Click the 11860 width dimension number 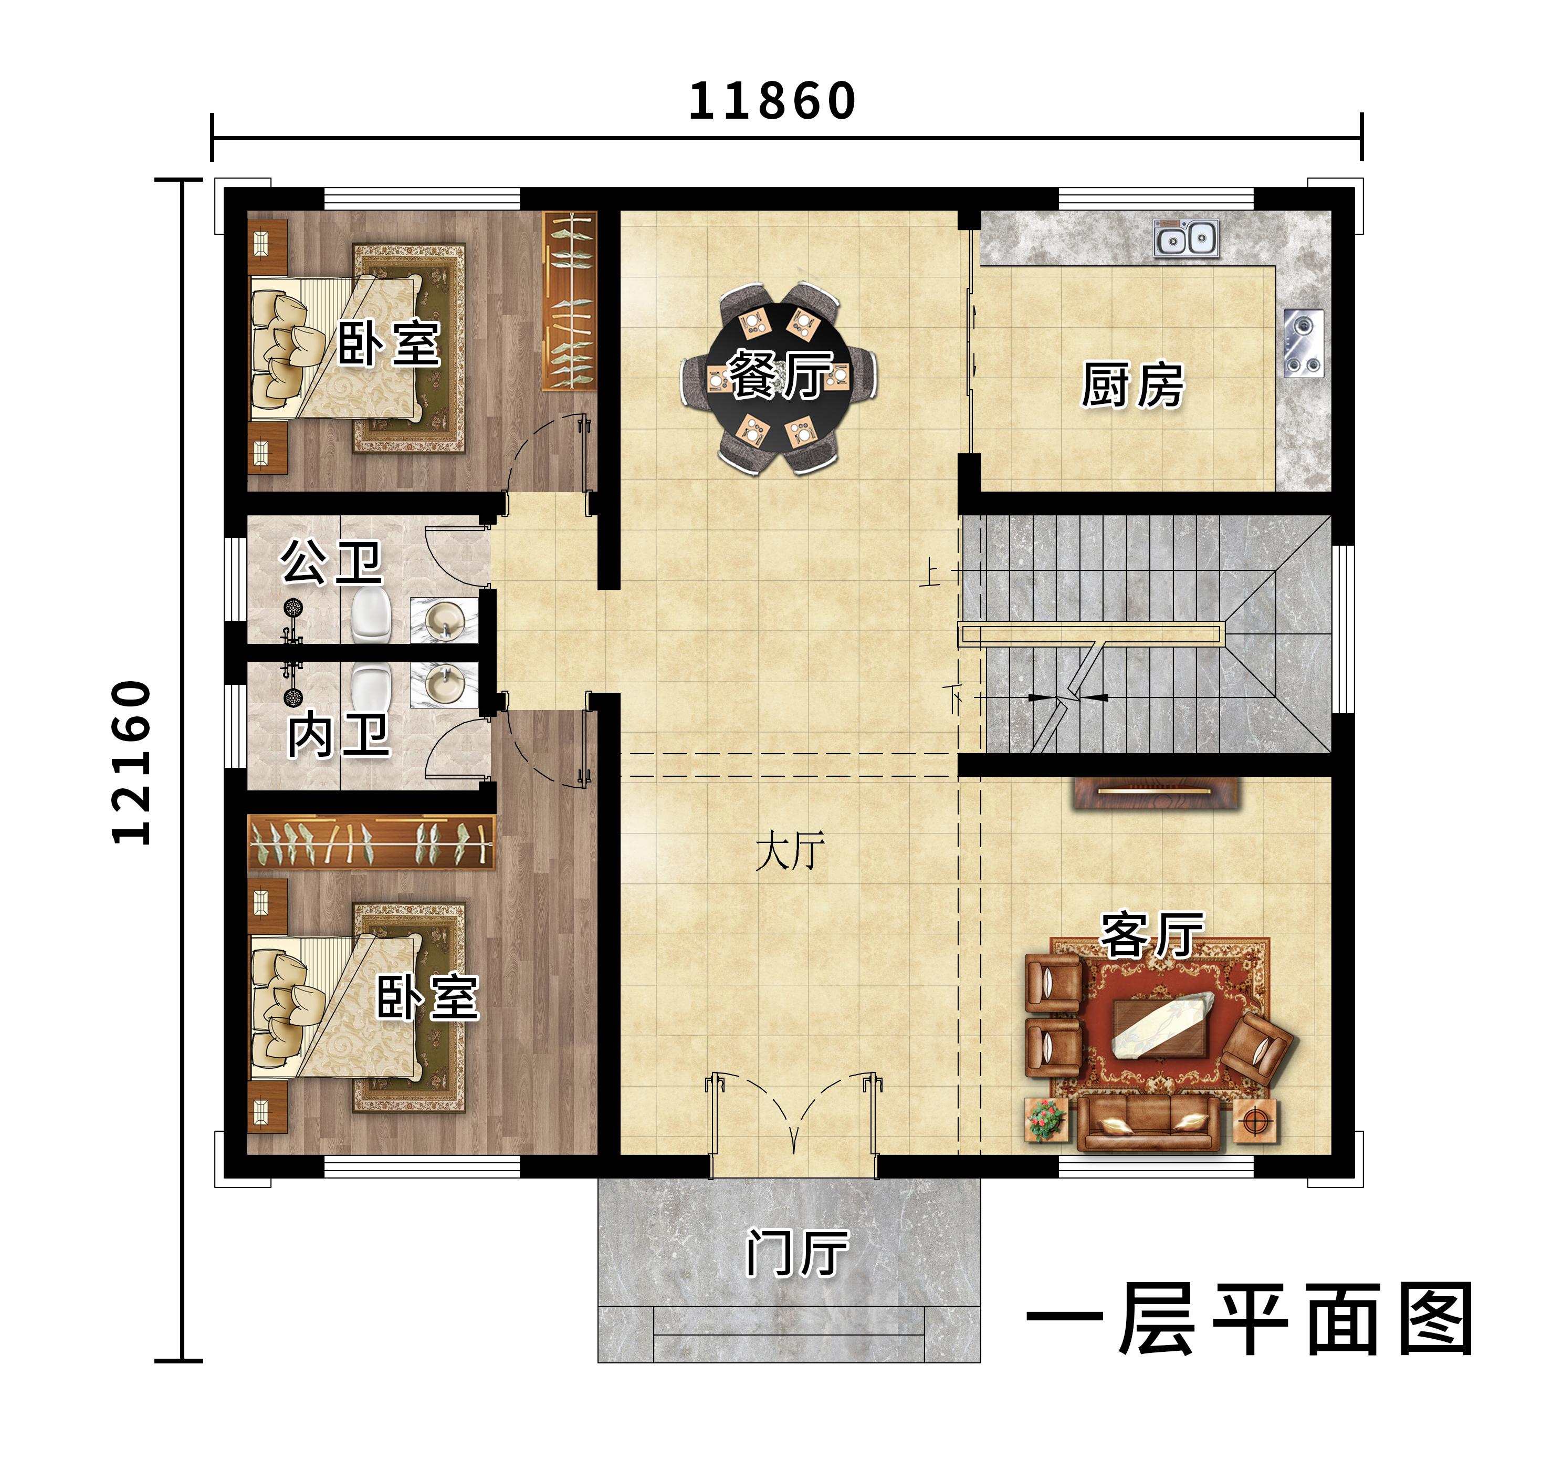coord(772,101)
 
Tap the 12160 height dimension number coord(131,762)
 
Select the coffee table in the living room coord(1164,1027)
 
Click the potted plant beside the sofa coord(1046,1120)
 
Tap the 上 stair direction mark coord(928,572)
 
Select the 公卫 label coord(331,561)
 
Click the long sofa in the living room coord(1146,1124)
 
